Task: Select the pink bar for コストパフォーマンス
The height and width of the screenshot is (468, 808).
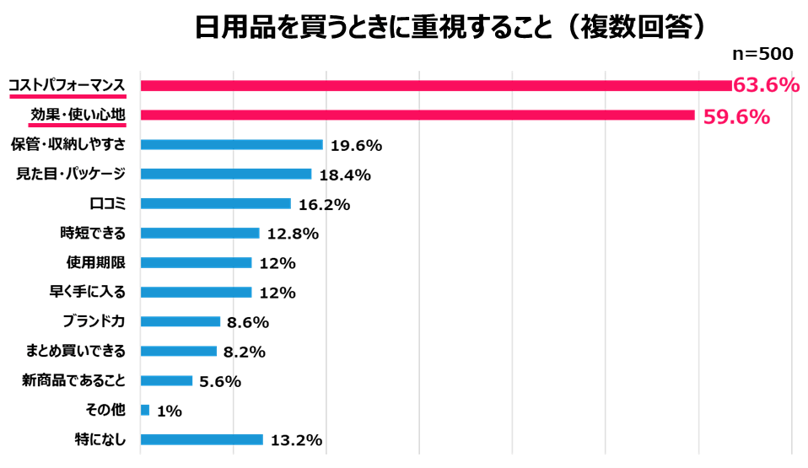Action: tap(435, 85)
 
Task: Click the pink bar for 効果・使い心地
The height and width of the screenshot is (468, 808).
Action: tap(417, 115)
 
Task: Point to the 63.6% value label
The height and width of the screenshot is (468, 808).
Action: tap(765, 85)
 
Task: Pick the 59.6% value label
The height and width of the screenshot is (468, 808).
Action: tap(736, 116)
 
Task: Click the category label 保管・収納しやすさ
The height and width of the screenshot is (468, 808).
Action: tap(68, 144)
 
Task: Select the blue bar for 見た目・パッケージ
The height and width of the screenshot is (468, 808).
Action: tap(226, 174)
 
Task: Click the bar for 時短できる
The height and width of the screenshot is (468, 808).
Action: tap(200, 233)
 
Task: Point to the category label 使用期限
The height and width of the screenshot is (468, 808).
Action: tap(95, 262)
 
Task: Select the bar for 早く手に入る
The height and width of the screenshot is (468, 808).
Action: tap(196, 292)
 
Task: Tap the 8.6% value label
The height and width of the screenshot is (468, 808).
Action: tap(247, 322)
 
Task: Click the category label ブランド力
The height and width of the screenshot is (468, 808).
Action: tap(94, 321)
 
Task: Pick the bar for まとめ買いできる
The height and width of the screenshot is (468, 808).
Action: tap(179, 351)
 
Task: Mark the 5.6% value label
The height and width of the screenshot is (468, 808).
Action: tap(220, 381)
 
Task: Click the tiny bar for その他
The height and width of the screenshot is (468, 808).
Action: tap(145, 410)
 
